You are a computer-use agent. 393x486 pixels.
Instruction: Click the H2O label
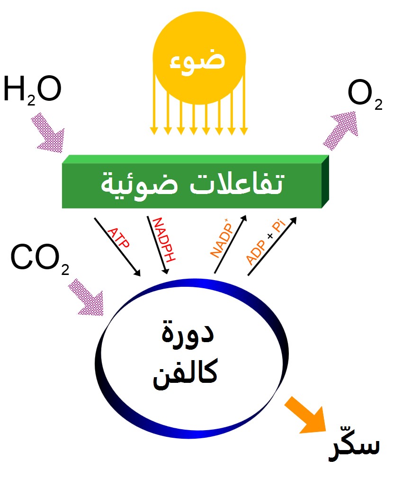[32, 90]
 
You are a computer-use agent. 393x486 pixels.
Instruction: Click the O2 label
[365, 95]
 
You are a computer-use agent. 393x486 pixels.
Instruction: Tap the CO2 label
[40, 259]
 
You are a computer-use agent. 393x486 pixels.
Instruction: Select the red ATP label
[118, 239]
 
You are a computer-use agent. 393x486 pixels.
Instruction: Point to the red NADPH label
[164, 239]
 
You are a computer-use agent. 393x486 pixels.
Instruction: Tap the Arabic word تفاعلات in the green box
[236, 184]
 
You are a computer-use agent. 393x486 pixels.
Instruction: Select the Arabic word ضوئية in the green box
[140, 185]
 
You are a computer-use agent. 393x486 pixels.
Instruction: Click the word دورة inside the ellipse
[188, 333]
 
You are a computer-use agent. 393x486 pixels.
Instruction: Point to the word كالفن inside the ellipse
[185, 373]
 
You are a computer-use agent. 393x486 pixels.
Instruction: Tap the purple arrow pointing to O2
[341, 131]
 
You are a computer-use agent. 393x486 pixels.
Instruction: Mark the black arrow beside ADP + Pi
[272, 246]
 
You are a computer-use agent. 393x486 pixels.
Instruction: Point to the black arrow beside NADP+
[231, 244]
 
